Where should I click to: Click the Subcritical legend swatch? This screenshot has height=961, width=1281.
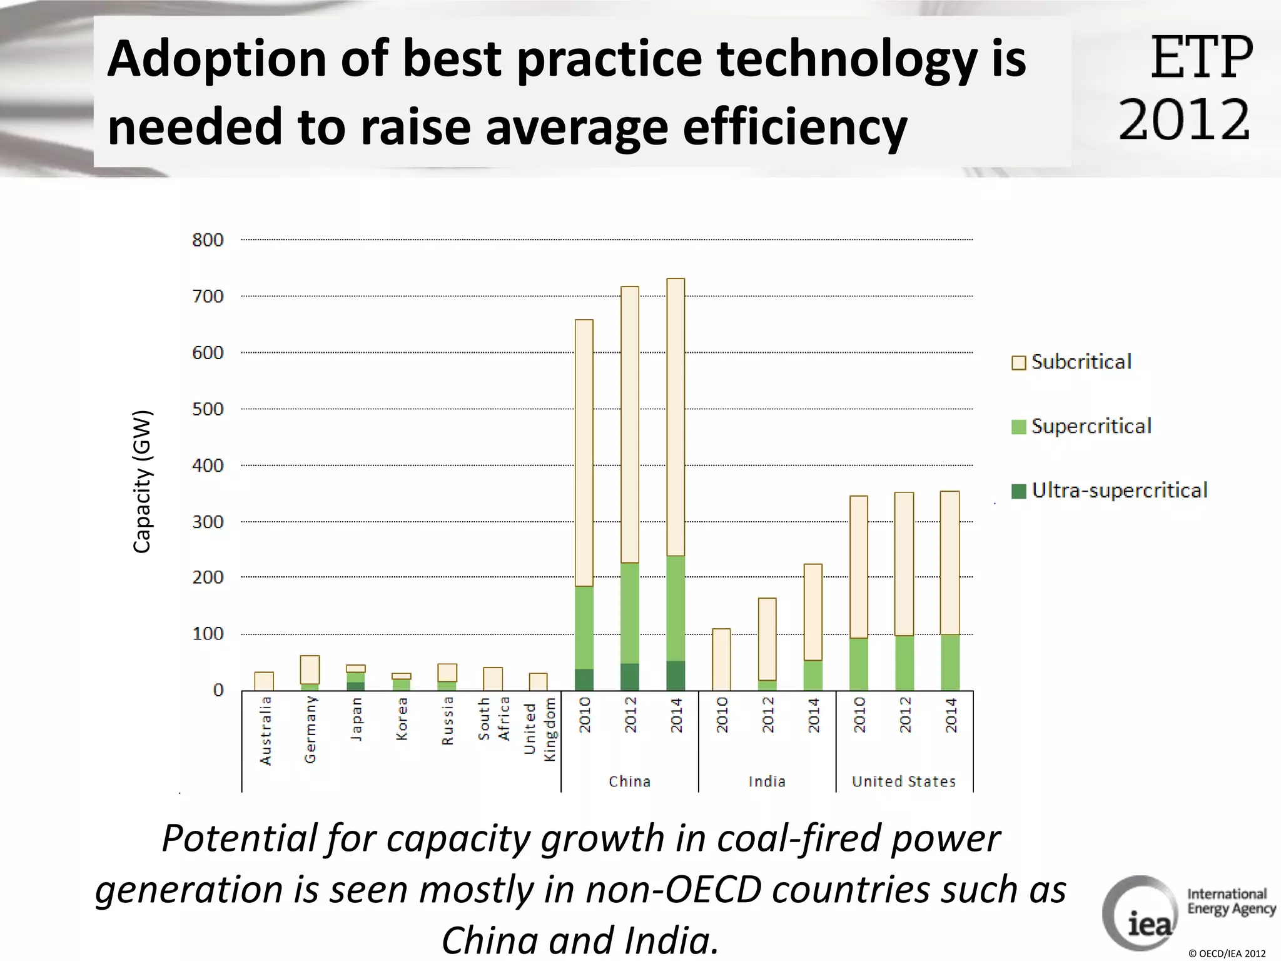(1018, 363)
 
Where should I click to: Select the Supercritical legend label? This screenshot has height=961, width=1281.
(1091, 427)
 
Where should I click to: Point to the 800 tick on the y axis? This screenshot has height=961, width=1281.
(208, 240)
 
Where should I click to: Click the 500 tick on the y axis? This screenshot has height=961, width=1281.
(208, 409)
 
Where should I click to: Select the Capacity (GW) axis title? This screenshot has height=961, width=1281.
(143, 481)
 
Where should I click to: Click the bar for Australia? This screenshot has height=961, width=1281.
(264, 681)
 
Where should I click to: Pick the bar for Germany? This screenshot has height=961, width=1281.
(310, 671)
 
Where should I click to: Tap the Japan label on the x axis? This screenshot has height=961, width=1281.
(356, 719)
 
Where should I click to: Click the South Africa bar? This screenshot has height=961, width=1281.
(493, 679)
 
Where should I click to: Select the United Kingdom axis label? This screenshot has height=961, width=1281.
(539, 729)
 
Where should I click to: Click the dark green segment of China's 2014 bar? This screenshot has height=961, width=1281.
(676, 676)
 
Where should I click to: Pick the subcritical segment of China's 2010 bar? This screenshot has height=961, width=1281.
(584, 453)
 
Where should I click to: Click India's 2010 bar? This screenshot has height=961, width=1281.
(721, 659)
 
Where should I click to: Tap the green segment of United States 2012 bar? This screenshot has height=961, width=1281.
(904, 663)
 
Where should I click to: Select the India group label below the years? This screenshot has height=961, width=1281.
(767, 781)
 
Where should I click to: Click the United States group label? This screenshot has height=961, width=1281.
(904, 781)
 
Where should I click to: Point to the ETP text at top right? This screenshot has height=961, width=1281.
(1202, 58)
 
